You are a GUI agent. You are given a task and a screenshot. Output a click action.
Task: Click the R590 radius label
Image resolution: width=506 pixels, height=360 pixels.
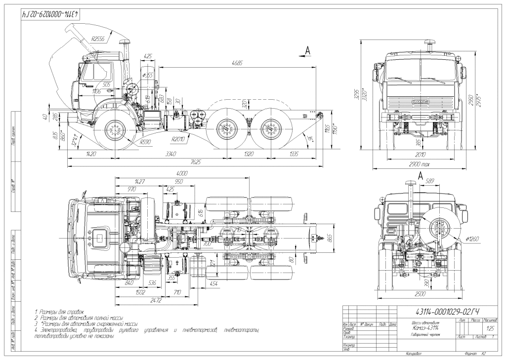(x=145, y=142)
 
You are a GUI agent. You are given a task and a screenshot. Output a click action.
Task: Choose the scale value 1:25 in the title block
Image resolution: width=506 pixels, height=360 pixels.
(x=490, y=328)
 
